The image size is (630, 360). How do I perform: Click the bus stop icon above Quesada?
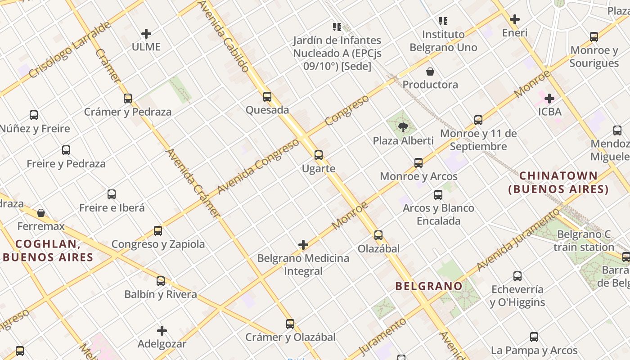click(x=267, y=96)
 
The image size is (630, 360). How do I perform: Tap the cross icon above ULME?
click(x=146, y=34)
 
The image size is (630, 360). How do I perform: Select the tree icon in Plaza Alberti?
click(x=403, y=127)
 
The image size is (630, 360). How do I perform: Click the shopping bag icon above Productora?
click(x=430, y=72)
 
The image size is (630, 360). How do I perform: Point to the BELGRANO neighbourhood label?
click(x=428, y=286)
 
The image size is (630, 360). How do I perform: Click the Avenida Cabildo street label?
click(x=224, y=36)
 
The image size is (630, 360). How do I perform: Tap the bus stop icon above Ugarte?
click(x=319, y=155)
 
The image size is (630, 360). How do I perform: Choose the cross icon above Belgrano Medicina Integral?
click(x=303, y=245)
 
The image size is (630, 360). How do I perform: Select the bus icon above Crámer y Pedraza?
click(x=128, y=99)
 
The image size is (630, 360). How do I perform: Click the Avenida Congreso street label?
click(x=258, y=166)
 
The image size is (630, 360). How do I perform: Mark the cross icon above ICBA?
click(x=549, y=98)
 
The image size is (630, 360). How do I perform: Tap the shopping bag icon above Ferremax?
click(x=41, y=212)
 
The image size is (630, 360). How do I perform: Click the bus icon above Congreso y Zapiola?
click(x=158, y=231)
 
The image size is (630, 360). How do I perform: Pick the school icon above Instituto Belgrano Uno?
click(x=444, y=21)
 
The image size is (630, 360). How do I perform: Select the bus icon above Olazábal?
click(x=378, y=235)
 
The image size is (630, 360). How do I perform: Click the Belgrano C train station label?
click(x=584, y=241)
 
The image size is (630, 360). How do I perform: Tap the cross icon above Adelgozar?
click(x=162, y=331)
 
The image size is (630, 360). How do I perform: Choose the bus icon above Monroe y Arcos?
click(x=418, y=163)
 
